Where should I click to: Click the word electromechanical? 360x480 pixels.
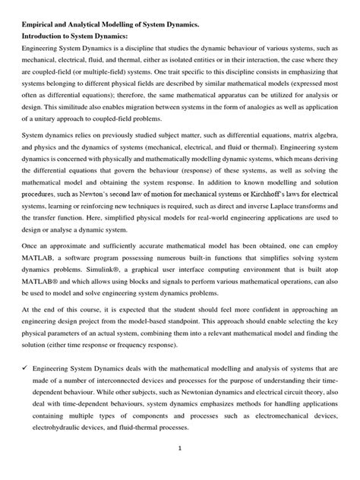click(x=289, y=415)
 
